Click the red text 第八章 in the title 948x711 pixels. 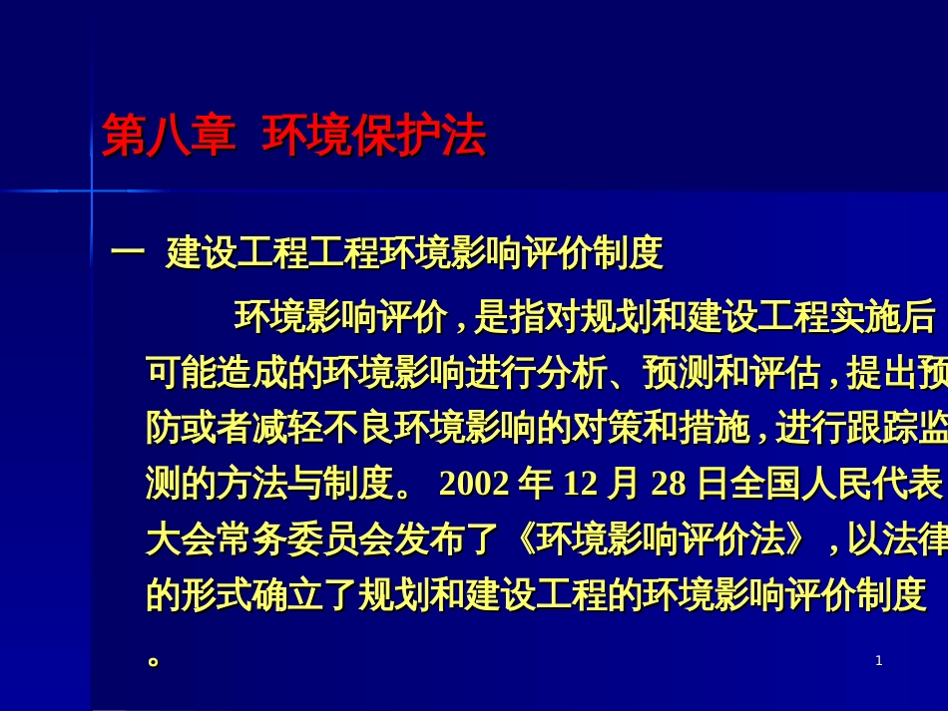[x=169, y=136]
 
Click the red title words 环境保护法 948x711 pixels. [x=374, y=136]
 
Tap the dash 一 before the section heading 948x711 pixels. [x=128, y=252]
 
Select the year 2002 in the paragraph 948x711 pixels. [x=475, y=484]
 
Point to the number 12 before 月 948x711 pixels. [x=581, y=484]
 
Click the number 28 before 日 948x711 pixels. [x=669, y=484]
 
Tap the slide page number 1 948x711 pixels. [x=879, y=661]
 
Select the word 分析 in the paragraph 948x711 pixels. [x=572, y=372]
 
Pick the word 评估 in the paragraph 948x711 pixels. [x=785, y=372]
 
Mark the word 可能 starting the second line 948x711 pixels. [x=182, y=372]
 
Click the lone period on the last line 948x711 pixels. [x=154, y=661]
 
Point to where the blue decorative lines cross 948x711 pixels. [x=92, y=190]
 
